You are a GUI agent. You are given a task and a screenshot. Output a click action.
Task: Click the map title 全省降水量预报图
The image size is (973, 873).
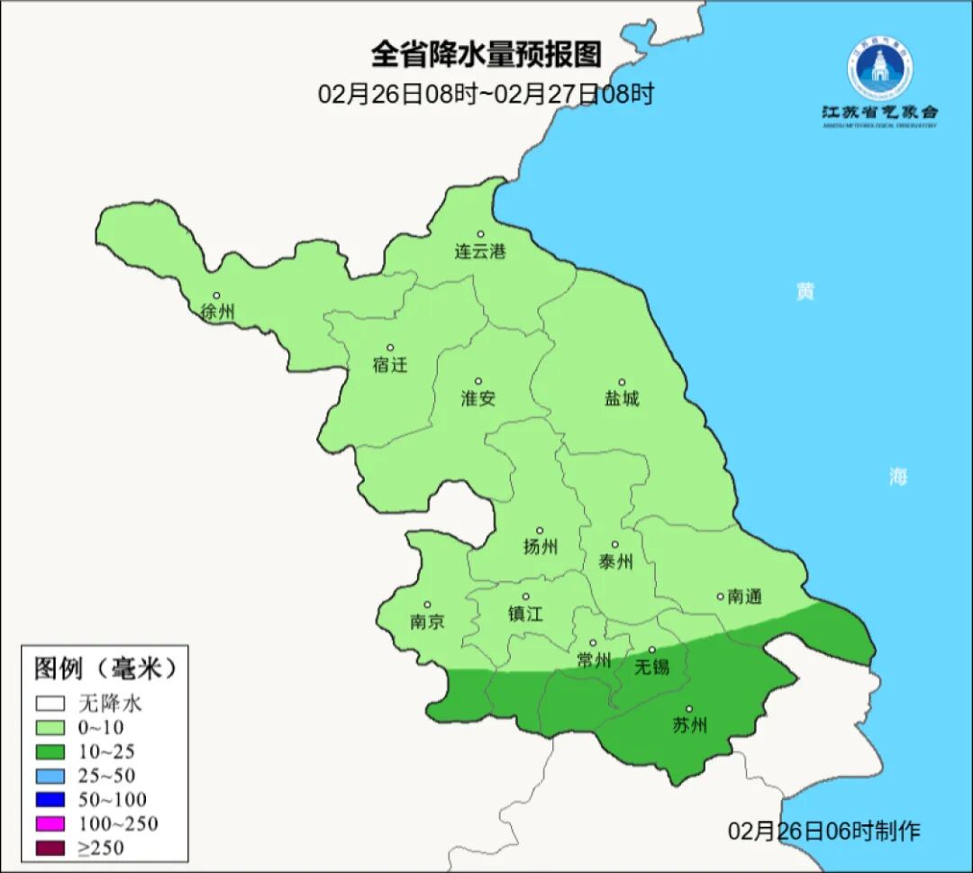(x=486, y=55)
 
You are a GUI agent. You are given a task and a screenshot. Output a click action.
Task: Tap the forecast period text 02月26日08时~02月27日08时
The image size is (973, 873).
(x=486, y=94)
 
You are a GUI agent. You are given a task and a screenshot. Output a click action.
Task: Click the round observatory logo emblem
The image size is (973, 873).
(x=879, y=66)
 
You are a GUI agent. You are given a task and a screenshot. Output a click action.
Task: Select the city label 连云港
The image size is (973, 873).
(x=480, y=252)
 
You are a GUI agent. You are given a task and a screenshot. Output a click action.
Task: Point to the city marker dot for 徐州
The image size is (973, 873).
(x=216, y=296)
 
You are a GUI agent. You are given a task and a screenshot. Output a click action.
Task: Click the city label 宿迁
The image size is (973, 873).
(x=390, y=365)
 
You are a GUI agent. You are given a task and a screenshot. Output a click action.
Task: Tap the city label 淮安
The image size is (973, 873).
(x=478, y=398)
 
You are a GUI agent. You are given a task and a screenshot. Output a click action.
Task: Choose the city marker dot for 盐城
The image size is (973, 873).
(x=621, y=382)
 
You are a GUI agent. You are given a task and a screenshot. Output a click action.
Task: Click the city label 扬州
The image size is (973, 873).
(x=541, y=547)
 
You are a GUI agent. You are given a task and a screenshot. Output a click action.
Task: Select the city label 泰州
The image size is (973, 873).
(x=616, y=562)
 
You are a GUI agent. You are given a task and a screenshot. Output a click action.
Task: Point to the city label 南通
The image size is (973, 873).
(x=745, y=596)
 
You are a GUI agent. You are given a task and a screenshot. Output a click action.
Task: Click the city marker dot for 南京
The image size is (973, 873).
(x=427, y=605)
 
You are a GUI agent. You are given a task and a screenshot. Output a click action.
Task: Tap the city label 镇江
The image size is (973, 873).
(x=526, y=614)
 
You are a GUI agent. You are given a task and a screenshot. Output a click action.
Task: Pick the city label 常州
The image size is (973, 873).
(x=594, y=660)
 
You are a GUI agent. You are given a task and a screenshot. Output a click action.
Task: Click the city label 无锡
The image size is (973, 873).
(x=652, y=667)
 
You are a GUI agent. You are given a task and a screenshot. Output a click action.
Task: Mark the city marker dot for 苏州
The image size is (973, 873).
(x=689, y=709)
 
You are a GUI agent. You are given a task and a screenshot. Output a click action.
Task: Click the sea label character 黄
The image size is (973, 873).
(x=805, y=291)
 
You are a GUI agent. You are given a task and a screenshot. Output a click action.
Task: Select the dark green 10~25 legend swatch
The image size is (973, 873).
(x=51, y=751)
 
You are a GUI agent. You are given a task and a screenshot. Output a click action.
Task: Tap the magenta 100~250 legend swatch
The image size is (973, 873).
(x=51, y=823)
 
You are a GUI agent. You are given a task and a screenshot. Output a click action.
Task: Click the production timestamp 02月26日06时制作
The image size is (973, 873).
(x=824, y=831)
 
